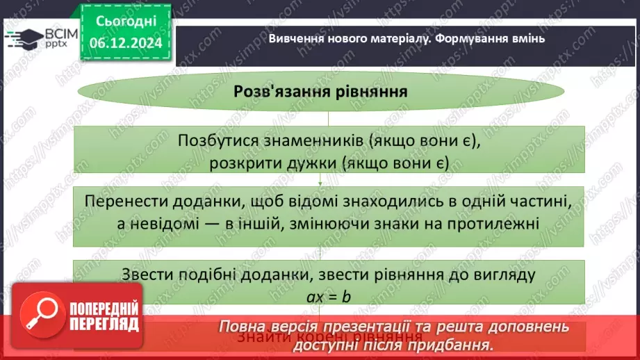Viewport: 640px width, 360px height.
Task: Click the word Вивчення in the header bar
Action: pyautogui.click(x=295, y=38)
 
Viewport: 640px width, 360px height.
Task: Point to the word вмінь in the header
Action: pyautogui.click(x=529, y=38)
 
